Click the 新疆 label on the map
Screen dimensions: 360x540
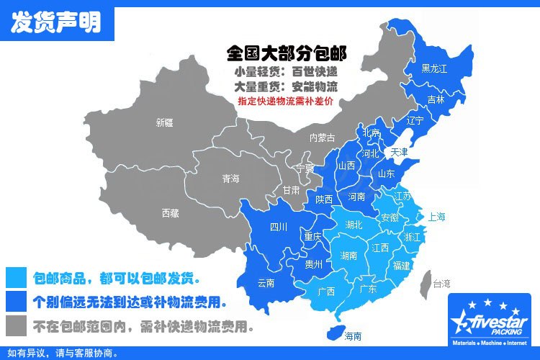(164, 122)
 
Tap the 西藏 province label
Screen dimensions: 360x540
(171, 212)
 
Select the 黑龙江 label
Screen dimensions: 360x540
(434, 69)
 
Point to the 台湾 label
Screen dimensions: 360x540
(440, 284)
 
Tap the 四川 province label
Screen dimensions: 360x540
(279, 228)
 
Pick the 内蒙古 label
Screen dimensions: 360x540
(322, 138)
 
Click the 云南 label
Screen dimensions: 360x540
(265, 283)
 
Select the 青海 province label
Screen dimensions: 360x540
(231, 179)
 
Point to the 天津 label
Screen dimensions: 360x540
(399, 152)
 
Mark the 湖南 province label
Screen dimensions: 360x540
(349, 256)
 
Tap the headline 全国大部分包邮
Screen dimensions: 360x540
(287, 53)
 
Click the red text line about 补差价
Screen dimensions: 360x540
(286, 101)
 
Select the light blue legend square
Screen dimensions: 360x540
(15, 277)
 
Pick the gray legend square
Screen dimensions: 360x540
(15, 326)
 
